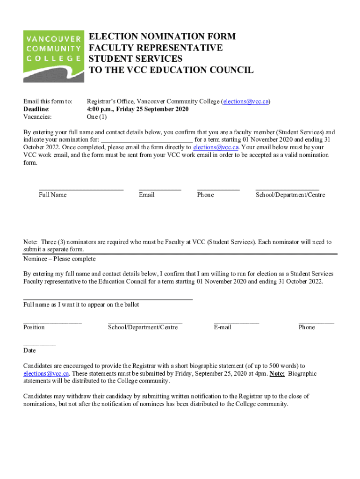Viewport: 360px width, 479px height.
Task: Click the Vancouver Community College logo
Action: [x=54, y=56]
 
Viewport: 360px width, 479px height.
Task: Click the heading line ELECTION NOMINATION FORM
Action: [x=162, y=36]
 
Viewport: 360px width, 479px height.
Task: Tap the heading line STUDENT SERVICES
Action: [x=136, y=59]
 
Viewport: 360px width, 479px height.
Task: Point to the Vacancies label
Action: [x=37, y=117]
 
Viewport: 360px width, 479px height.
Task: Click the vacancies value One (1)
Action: [x=97, y=117]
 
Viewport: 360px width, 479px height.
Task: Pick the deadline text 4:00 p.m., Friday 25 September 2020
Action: [x=138, y=109]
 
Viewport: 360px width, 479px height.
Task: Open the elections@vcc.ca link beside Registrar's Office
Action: [x=245, y=102]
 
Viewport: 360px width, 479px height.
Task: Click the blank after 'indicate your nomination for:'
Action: [x=146, y=140]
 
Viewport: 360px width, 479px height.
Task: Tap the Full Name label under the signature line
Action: [x=52, y=195]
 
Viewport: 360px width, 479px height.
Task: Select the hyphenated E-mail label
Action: [x=223, y=327]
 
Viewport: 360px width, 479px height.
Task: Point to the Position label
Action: [x=34, y=327]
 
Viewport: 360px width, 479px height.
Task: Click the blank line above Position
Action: [x=52, y=322]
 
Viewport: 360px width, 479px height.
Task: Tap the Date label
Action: [x=29, y=350]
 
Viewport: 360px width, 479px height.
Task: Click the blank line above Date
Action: [x=39, y=345]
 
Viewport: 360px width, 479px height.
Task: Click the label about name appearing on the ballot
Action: [x=81, y=305]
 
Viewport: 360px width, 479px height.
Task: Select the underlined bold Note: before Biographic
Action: [x=277, y=374]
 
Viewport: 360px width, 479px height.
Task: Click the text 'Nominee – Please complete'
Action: [x=59, y=259]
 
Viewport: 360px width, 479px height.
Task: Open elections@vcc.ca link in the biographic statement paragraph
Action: [x=46, y=374]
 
